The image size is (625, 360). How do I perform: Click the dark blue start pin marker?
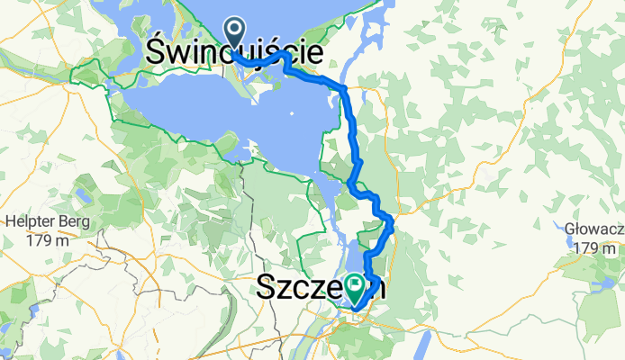236,33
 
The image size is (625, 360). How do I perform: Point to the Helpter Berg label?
41,223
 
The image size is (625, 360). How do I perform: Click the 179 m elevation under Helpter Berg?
41,240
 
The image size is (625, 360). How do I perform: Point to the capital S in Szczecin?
267,288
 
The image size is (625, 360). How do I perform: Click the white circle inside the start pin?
236,30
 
